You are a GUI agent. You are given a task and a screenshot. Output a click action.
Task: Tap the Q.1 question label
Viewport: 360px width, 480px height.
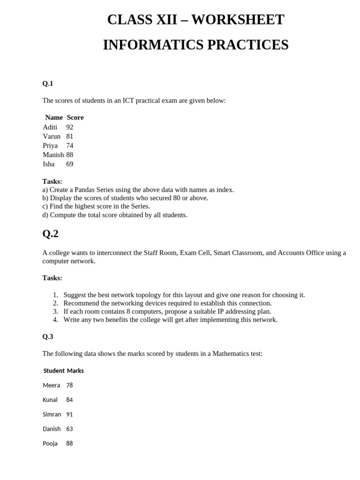click(x=48, y=83)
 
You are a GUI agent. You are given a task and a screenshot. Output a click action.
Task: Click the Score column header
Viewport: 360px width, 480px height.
click(x=75, y=117)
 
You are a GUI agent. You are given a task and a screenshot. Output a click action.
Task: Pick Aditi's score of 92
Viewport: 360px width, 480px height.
click(x=70, y=127)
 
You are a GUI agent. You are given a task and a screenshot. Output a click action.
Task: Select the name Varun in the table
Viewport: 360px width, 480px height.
click(x=52, y=136)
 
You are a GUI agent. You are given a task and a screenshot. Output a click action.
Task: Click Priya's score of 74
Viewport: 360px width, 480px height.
click(x=70, y=146)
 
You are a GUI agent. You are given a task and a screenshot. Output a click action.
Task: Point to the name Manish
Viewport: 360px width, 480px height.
click(x=53, y=155)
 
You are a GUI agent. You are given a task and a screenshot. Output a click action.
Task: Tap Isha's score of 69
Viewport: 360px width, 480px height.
click(x=70, y=164)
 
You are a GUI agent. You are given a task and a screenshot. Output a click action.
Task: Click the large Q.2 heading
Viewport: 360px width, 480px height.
click(x=51, y=233)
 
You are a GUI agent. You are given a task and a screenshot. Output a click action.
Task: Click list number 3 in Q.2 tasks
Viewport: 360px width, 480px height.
click(x=55, y=311)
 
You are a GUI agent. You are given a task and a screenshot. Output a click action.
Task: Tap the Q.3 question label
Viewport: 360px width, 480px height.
click(x=48, y=337)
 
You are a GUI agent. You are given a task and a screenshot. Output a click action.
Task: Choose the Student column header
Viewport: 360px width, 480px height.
click(x=54, y=371)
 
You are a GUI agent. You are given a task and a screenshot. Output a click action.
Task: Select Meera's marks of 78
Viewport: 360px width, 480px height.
click(x=69, y=385)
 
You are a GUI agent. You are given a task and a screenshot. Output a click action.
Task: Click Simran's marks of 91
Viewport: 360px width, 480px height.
click(x=69, y=414)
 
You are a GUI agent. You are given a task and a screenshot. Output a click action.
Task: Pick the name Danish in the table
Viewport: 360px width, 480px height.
click(x=52, y=429)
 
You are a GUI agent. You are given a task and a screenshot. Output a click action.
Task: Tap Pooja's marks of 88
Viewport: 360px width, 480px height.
click(x=69, y=443)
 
